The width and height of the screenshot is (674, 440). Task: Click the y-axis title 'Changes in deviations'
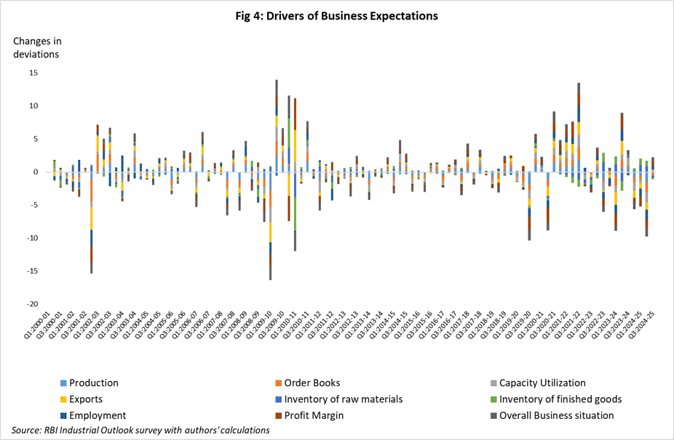coord(36,47)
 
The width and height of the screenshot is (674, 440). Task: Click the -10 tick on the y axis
coord(33,238)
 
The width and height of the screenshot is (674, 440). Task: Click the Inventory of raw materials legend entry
coord(344,399)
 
